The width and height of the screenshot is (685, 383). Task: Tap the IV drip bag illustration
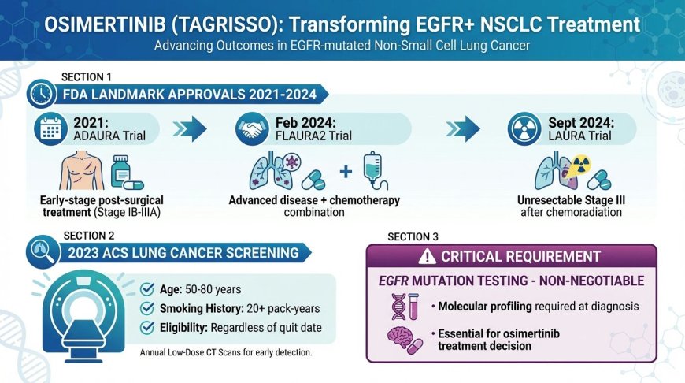click(372, 170)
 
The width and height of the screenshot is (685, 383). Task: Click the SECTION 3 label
click(414, 236)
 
